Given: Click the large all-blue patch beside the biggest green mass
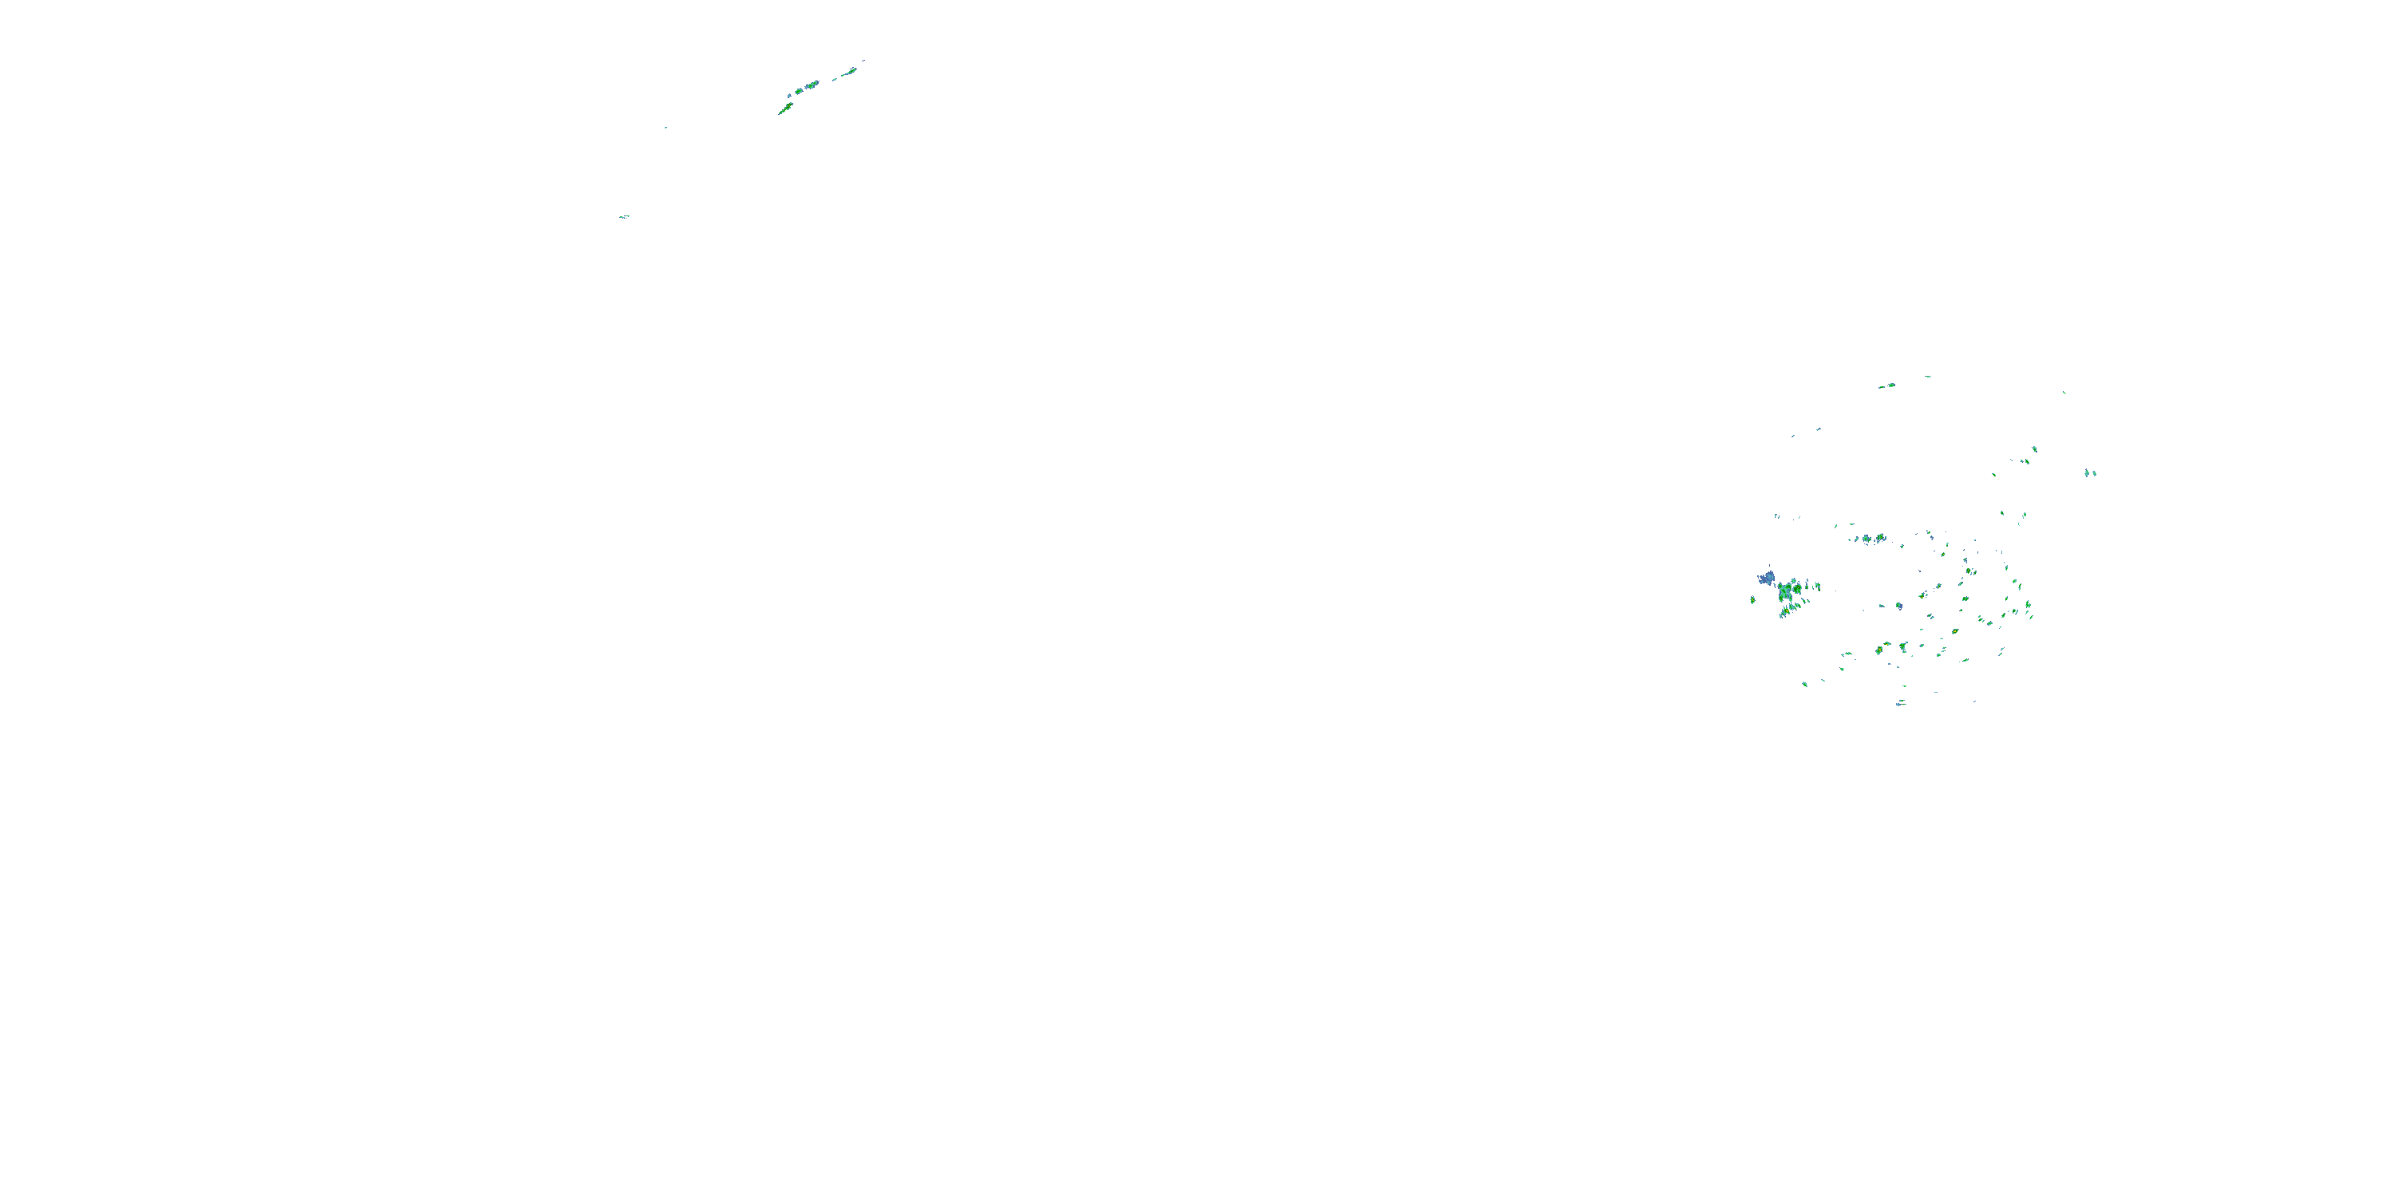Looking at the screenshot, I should pyautogui.click(x=1766, y=578).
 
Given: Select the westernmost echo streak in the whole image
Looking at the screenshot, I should pyautogui.click(x=625, y=216).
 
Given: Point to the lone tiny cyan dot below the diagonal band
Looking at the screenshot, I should pyautogui.click(x=666, y=128).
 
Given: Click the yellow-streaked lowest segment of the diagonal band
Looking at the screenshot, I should pyautogui.click(x=784, y=109).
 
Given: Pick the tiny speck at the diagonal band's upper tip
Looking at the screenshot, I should pyautogui.click(x=863, y=61).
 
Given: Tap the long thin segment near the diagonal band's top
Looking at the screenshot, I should pyautogui.click(x=848, y=71).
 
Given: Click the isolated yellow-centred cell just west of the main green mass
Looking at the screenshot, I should pyautogui.click(x=1752, y=599).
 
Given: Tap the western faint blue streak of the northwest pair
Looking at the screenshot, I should pyautogui.click(x=1793, y=435).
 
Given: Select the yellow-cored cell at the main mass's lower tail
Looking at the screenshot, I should pyautogui.click(x=1784, y=610).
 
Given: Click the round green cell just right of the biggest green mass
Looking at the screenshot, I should pyautogui.click(x=1813, y=587).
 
